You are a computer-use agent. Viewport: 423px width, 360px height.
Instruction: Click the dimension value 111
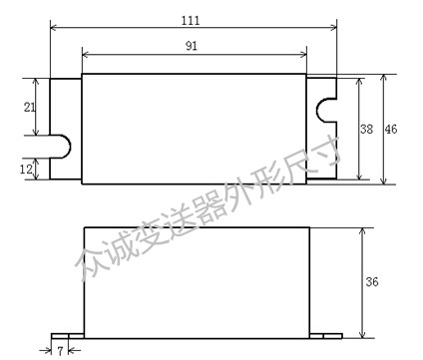coord(191,21)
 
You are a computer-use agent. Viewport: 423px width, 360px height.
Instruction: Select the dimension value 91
coord(192,46)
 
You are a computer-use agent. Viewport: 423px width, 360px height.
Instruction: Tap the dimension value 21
coord(30,107)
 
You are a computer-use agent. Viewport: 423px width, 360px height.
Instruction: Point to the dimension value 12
coord(26,170)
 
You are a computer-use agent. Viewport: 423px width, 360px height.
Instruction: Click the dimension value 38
coord(366,129)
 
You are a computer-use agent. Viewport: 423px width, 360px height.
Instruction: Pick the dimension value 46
coord(391,129)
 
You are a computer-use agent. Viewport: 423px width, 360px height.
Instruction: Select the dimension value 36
coord(372,282)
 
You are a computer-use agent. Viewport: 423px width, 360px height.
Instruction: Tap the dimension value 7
coord(60,351)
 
